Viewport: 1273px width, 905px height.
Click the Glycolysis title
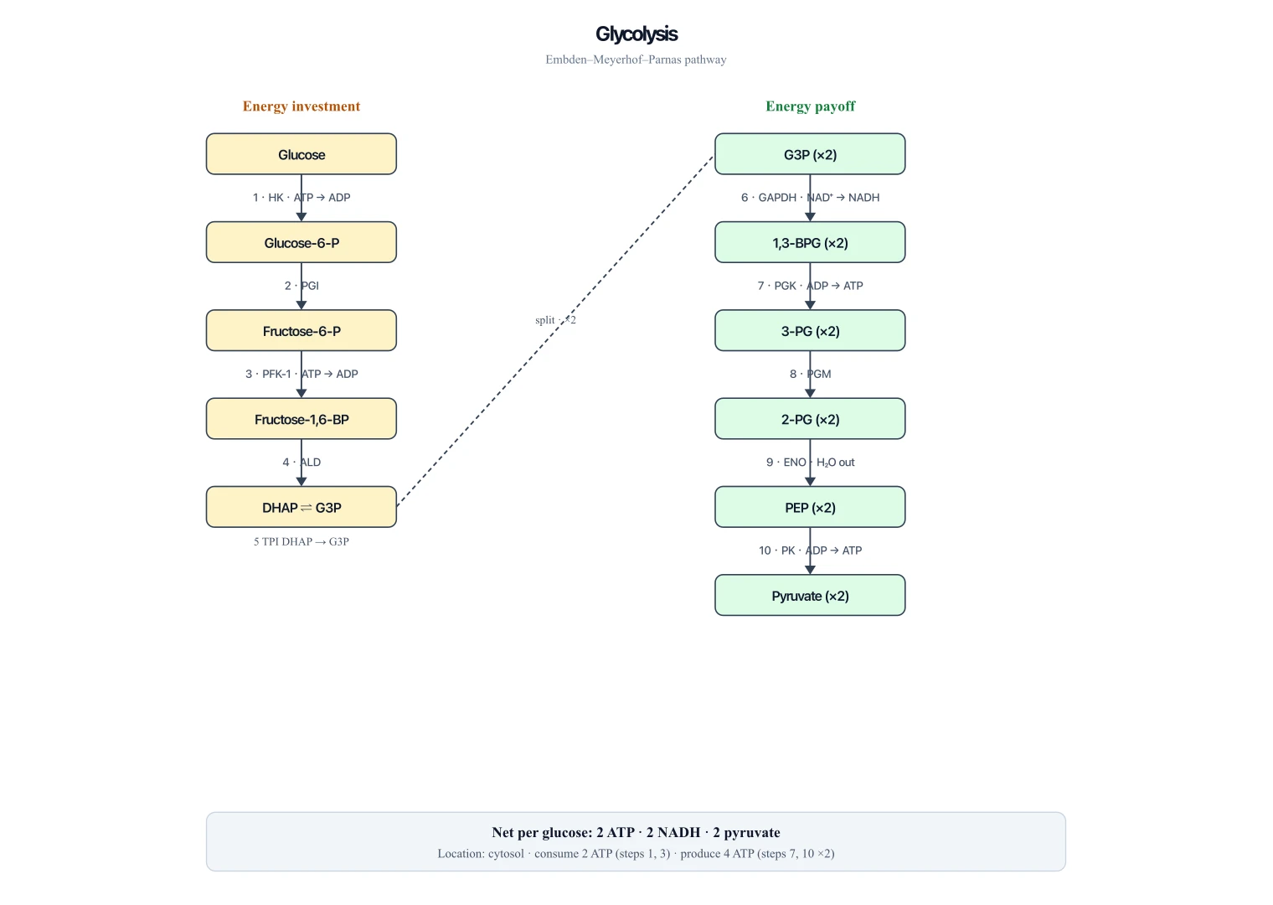[636, 34]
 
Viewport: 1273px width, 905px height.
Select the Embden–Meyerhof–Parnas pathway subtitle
[636, 59]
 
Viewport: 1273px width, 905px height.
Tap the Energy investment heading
[301, 106]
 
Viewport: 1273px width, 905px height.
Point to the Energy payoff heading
[810, 106]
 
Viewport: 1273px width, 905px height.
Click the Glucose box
[301, 154]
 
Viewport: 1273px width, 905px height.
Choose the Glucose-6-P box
[301, 242]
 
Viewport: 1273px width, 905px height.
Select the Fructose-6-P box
[301, 330]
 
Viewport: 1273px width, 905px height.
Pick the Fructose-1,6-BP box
[301, 418]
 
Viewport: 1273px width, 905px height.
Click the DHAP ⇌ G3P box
[301, 506]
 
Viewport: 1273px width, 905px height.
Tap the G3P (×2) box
[810, 154]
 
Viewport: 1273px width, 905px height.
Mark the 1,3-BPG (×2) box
[810, 242]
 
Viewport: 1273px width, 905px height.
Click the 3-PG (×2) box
[810, 330]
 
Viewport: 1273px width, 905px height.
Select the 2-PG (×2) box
[810, 418]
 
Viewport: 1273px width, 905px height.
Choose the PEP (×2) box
[810, 506]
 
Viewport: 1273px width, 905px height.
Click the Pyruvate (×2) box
[810, 595]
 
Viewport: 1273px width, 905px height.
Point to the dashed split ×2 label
[555, 320]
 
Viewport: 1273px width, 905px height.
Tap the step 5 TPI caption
[301, 542]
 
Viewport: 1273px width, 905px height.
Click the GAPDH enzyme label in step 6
[777, 198]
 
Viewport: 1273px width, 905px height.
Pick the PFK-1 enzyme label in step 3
[276, 374]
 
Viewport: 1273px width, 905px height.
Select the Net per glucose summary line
[636, 832]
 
